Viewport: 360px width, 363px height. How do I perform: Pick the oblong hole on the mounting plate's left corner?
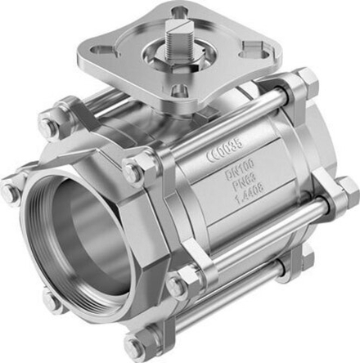pos(105,51)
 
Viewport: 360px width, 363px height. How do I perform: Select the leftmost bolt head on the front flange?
pos(10,194)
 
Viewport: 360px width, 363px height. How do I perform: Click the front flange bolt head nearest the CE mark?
pos(133,170)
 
